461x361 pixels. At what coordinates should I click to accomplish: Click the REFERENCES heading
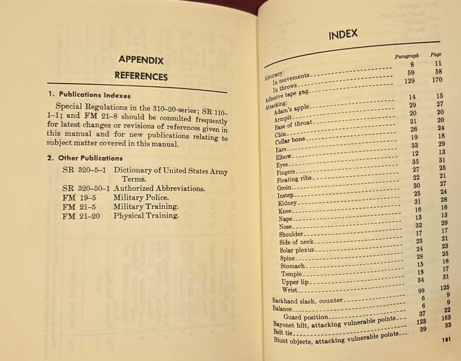(141, 76)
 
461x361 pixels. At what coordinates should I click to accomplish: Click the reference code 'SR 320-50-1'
(86, 189)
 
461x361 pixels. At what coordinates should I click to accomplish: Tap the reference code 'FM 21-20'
(81, 216)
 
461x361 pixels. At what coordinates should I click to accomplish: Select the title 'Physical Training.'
(146, 216)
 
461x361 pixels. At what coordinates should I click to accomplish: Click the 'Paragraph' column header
(406, 56)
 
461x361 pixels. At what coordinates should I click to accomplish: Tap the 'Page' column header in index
(436, 54)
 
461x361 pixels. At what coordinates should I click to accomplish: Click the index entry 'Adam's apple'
(292, 110)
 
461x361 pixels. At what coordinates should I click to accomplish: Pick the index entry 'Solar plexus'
(297, 250)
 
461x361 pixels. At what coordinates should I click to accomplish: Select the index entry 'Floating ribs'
(294, 179)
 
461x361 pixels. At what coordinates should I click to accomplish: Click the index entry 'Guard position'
(305, 317)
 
